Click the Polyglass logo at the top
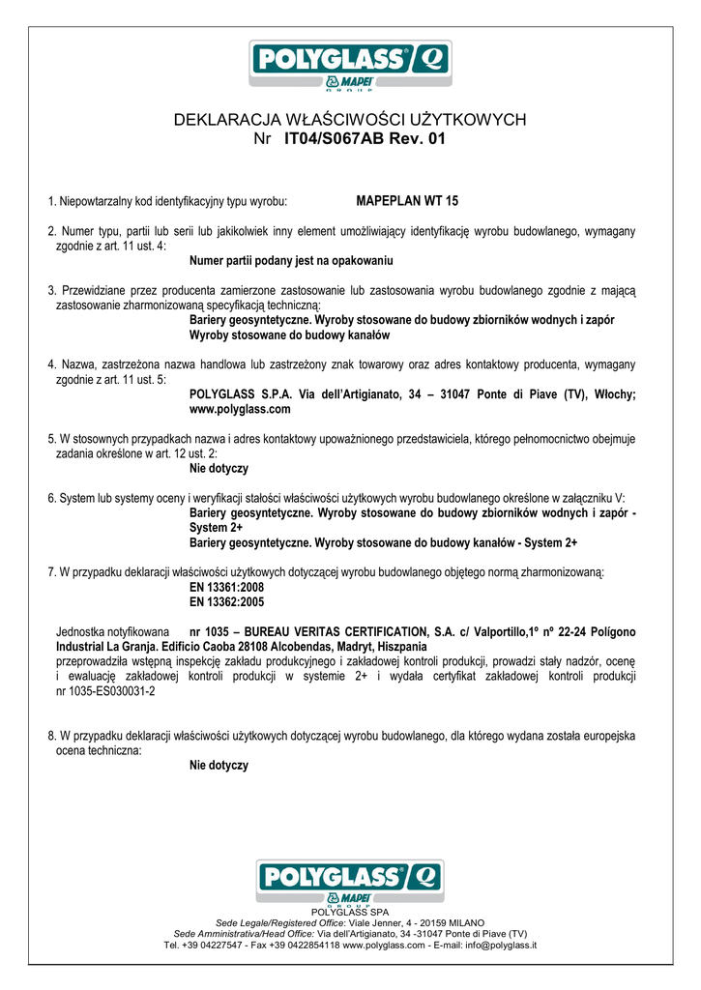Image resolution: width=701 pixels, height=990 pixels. click(x=349, y=66)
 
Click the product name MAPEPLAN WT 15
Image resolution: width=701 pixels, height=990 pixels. click(x=407, y=201)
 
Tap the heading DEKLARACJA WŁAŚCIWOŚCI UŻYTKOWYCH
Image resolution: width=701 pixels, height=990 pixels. click(x=350, y=119)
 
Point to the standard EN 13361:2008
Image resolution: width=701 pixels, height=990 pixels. click(x=226, y=587)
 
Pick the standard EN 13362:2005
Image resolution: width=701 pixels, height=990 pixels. click(x=226, y=601)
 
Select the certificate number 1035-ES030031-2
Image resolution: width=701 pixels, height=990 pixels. click(x=106, y=691)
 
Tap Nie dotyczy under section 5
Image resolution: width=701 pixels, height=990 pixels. click(x=219, y=468)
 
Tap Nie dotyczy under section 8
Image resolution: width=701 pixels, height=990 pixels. click(x=219, y=765)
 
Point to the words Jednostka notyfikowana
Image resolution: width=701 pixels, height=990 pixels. click(x=113, y=631)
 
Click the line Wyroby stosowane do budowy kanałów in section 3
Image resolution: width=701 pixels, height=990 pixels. click(x=289, y=335)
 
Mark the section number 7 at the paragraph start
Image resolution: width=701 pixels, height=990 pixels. click(x=50, y=572)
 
